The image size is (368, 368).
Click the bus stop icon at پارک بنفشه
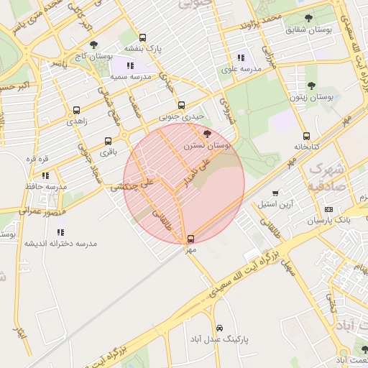coord(142,37)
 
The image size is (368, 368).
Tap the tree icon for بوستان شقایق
coord(309,18)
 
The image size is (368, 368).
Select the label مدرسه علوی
coord(239,69)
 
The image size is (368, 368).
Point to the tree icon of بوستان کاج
coord(93,45)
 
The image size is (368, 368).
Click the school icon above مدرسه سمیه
coord(130,65)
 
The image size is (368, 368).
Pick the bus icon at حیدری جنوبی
coord(181,105)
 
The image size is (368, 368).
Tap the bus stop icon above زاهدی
coord(76,111)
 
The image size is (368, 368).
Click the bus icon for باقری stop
coord(108,141)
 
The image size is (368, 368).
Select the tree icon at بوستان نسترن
coord(208,134)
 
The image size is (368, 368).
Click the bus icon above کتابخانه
coord(306,136)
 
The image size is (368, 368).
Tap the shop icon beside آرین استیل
coord(275,193)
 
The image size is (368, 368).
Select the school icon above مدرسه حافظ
coord(45,175)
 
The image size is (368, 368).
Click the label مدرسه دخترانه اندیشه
coord(60,244)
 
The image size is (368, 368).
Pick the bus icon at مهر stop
coord(190,239)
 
